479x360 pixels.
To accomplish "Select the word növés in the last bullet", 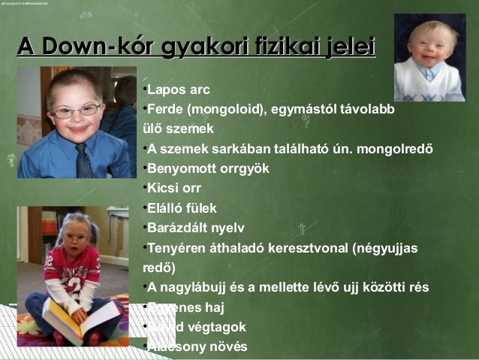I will click(224, 346).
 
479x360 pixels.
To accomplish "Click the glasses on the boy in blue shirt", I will click(77, 111).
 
